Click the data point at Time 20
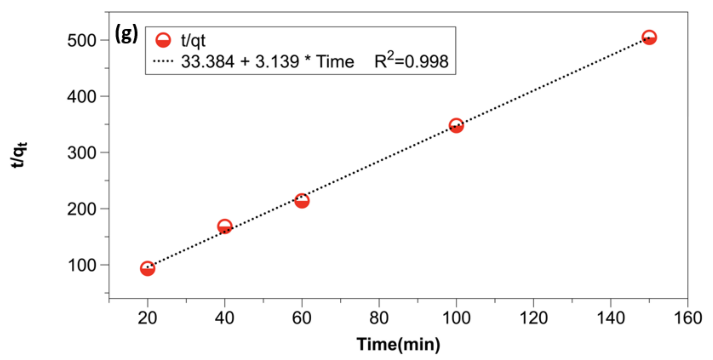(x=147, y=268)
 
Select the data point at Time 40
(x=225, y=227)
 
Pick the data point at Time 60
(x=302, y=201)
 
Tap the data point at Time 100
(x=456, y=126)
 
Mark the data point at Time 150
(x=649, y=37)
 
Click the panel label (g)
(x=126, y=33)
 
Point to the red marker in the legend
(x=163, y=40)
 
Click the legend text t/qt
(x=193, y=41)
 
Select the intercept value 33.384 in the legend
(x=208, y=61)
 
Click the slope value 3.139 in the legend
(x=277, y=61)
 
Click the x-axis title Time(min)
(x=398, y=345)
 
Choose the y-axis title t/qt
(x=19, y=155)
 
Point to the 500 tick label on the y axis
(x=81, y=41)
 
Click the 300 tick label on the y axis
(x=81, y=153)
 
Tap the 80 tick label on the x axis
(x=379, y=318)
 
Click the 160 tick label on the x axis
(x=688, y=318)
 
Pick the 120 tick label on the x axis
(x=533, y=318)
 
